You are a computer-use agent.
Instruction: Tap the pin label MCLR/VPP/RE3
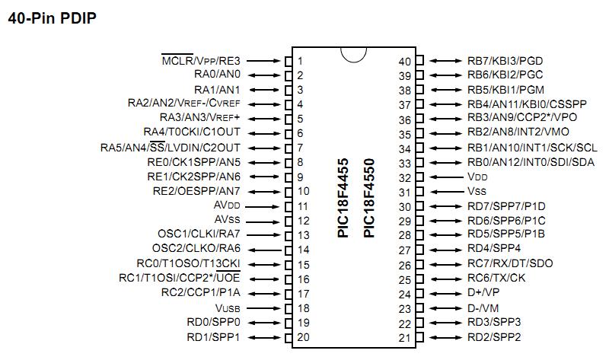tap(201, 60)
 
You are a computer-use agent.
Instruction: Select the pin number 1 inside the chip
tap(301, 61)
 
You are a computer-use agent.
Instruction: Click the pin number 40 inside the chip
tap(405, 61)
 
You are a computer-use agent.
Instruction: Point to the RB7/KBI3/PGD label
tap(505, 60)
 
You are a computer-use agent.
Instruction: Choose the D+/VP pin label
tap(483, 294)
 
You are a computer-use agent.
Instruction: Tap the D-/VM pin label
tap(483, 308)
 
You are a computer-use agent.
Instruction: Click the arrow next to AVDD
tap(263, 206)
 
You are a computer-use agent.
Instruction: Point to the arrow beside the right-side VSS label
tap(445, 192)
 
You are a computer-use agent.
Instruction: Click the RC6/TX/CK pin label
tap(496, 279)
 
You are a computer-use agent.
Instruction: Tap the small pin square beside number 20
tap(289, 337)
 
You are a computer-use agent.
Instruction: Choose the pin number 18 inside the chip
tap(303, 308)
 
